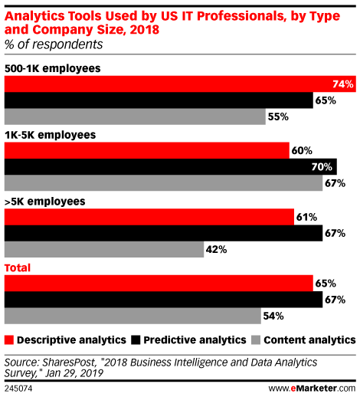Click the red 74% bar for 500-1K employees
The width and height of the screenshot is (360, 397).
coord(180,84)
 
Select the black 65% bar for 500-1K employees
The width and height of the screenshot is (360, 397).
coord(159,100)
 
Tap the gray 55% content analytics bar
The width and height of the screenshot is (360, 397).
coord(135,116)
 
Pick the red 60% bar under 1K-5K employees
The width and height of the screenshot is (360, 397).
coord(147,150)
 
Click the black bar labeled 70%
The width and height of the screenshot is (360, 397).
coord(171,167)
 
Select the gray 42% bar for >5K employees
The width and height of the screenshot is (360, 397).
coord(104,249)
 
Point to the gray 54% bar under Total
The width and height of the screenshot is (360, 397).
coord(133,316)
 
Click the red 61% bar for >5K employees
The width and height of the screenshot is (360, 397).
coord(149,217)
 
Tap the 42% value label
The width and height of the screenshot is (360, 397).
coord(216,250)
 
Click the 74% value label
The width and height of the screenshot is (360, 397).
coord(343,84)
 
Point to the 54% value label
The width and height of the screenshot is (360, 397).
coord(273,317)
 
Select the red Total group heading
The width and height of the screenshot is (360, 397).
coord(18,267)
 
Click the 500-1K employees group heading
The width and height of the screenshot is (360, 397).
coord(53,68)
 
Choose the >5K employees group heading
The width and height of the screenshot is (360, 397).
coord(45,202)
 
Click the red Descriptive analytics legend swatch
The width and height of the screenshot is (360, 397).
coord(9,340)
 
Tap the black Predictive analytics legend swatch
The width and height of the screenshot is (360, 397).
coord(136,340)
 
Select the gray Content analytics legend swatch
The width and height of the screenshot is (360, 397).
coord(256,340)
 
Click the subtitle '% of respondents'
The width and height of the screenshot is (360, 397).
coord(54,44)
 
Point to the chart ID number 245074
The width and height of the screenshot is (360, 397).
coord(18,389)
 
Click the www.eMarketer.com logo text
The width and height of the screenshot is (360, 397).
coord(312,389)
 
